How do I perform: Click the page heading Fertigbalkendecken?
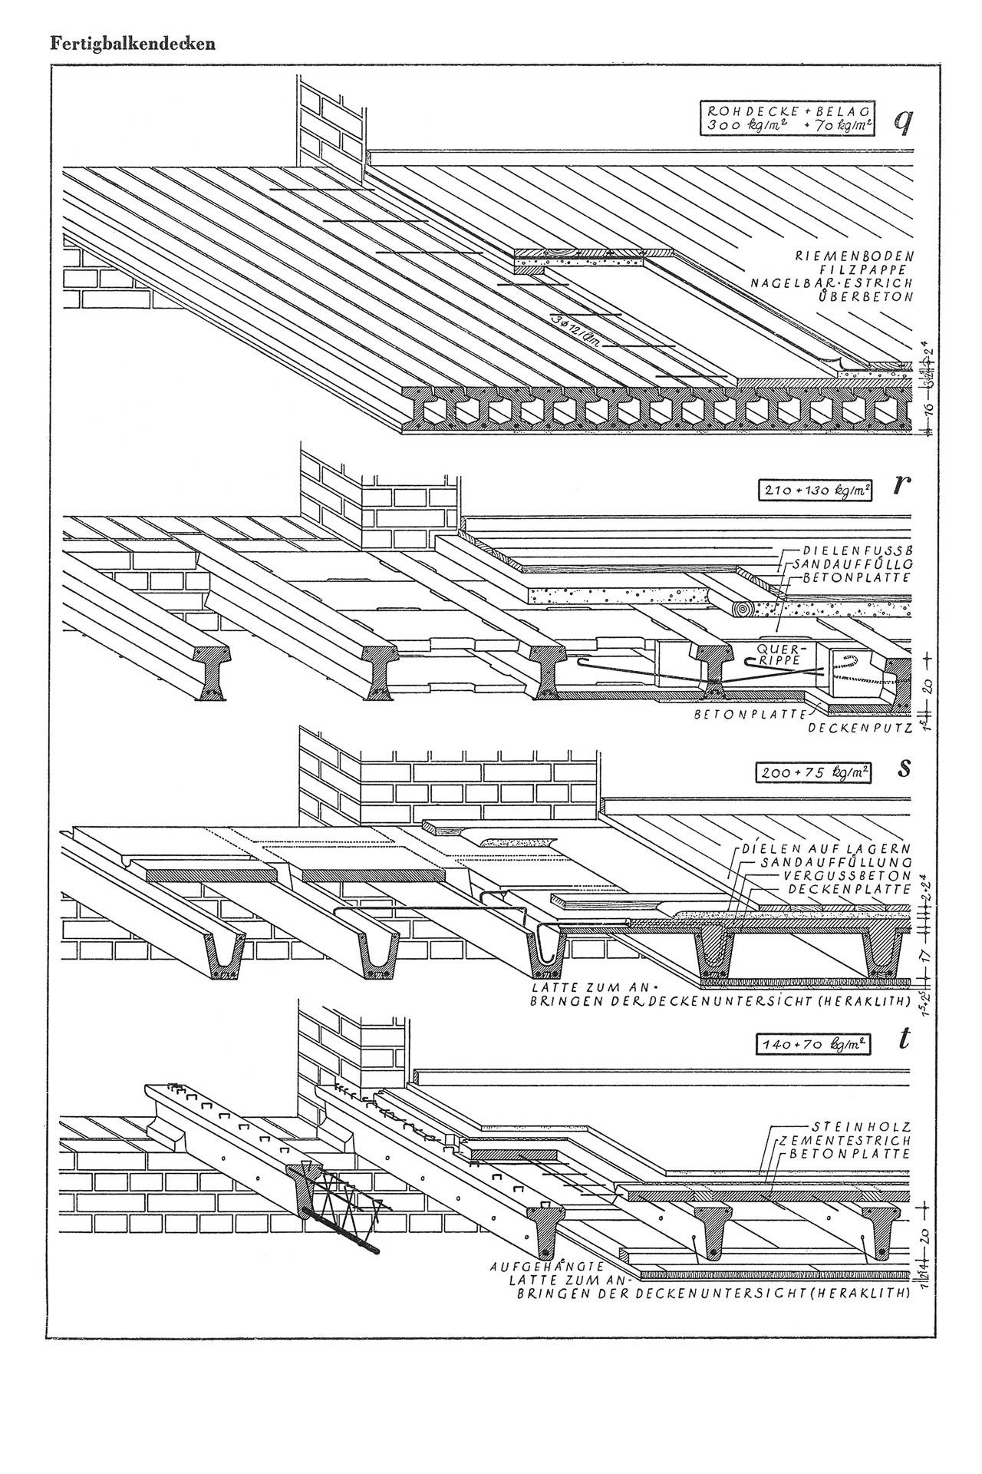tap(133, 43)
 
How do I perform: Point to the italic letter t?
tap(905, 1040)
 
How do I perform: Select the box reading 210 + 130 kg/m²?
tap(815, 490)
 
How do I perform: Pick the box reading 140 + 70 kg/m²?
tap(814, 1044)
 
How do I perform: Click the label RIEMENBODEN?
tap(854, 255)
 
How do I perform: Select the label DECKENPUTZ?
tap(859, 725)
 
